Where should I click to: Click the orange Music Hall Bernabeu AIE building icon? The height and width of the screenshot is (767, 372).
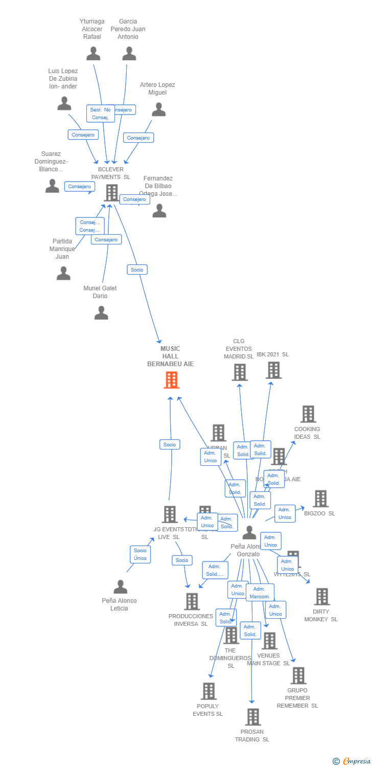[171, 380]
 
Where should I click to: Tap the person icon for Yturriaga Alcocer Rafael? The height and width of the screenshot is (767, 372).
[93, 53]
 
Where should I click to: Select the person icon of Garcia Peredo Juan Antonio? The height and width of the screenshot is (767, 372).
[129, 53]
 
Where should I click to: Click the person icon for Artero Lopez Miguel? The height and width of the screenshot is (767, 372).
[159, 109]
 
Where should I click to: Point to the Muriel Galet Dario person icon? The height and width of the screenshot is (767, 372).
[101, 312]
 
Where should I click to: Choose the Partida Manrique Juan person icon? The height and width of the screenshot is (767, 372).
[63, 273]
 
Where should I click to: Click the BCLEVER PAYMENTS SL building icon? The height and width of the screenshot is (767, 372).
[111, 193]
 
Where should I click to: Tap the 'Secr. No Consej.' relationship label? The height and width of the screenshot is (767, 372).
[100, 114]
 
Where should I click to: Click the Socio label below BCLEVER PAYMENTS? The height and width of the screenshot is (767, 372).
[137, 269]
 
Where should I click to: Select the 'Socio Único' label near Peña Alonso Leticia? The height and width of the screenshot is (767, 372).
[140, 554]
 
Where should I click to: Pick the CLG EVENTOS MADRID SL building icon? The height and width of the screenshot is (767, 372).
[240, 372]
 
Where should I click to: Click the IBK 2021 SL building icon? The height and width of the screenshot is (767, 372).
[273, 370]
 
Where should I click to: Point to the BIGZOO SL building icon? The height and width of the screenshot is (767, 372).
[320, 499]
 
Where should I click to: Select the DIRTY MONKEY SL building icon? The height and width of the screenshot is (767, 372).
[321, 597]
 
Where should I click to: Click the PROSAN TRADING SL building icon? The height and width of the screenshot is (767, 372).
[252, 717]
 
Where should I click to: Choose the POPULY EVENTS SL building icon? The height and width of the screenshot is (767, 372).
[208, 691]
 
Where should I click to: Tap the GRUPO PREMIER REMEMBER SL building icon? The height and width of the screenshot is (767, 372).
[298, 675]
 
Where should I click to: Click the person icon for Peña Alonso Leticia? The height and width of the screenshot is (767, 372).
[120, 586]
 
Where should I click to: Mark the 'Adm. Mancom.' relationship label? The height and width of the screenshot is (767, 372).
[260, 593]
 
